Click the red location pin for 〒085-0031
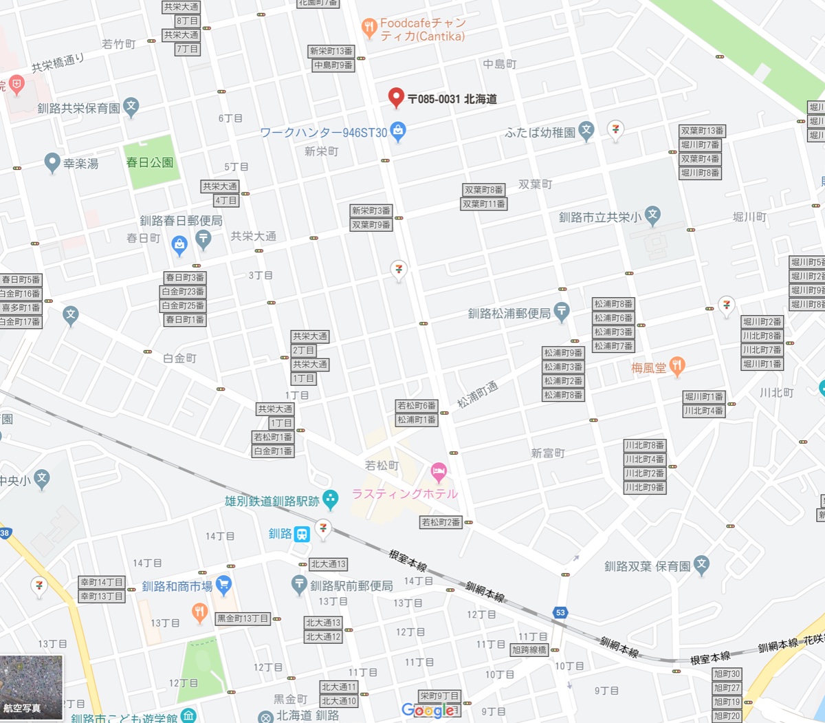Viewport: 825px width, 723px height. point(395,98)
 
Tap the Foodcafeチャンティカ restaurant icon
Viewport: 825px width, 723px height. point(369,28)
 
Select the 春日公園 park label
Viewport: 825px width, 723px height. point(150,163)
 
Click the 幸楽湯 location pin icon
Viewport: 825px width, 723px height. point(52,163)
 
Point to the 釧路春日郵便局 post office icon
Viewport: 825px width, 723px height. point(203,239)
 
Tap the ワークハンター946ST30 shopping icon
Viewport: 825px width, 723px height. point(398,131)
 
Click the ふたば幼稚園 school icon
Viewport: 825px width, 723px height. point(586,131)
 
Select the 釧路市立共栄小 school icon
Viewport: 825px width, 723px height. point(652,215)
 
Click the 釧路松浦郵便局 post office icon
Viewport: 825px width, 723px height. point(562,312)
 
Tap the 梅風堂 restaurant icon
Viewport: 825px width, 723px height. point(677,367)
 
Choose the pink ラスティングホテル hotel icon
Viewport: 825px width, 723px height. point(439,473)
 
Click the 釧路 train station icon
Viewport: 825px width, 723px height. point(302,535)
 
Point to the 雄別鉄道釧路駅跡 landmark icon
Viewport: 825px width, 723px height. point(331,500)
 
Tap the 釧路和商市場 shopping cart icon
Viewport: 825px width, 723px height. point(223,585)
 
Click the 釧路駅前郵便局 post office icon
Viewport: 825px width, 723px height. point(299,585)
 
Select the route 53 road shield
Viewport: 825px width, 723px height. point(560,613)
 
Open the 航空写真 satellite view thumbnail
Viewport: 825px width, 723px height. point(32,687)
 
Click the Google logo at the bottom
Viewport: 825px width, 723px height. point(428,711)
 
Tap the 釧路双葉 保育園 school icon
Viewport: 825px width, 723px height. point(701,565)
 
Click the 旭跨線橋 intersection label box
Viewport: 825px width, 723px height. point(529,650)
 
